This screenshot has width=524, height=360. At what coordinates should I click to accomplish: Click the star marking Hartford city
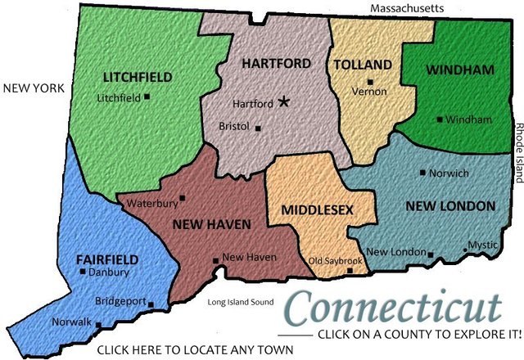point(284,101)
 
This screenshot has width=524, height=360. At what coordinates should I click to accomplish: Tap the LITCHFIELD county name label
point(138,77)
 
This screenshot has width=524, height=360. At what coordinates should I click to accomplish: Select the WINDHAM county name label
point(460,70)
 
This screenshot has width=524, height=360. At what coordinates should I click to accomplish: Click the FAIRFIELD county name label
point(107,259)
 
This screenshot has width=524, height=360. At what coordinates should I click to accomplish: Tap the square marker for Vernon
point(370,81)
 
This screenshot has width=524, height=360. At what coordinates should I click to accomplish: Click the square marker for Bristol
point(258,128)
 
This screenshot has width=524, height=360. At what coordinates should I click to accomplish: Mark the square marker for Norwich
point(422,173)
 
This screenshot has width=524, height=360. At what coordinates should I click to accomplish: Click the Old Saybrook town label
point(336,261)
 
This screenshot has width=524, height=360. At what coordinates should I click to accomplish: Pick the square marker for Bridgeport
point(151,304)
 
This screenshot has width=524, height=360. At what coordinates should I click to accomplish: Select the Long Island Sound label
point(240,302)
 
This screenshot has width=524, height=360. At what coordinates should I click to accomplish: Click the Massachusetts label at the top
point(407,7)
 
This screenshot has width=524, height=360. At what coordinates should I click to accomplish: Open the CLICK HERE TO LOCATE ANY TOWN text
point(195,351)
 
